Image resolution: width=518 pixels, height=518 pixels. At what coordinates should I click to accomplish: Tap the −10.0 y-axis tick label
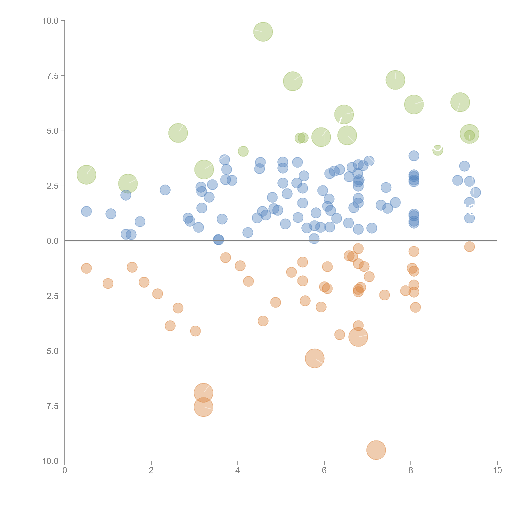click(x=48, y=461)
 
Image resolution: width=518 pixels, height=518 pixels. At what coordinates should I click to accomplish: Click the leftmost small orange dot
click(x=86, y=268)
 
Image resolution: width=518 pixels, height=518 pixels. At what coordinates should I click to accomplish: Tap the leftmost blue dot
click(x=86, y=211)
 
